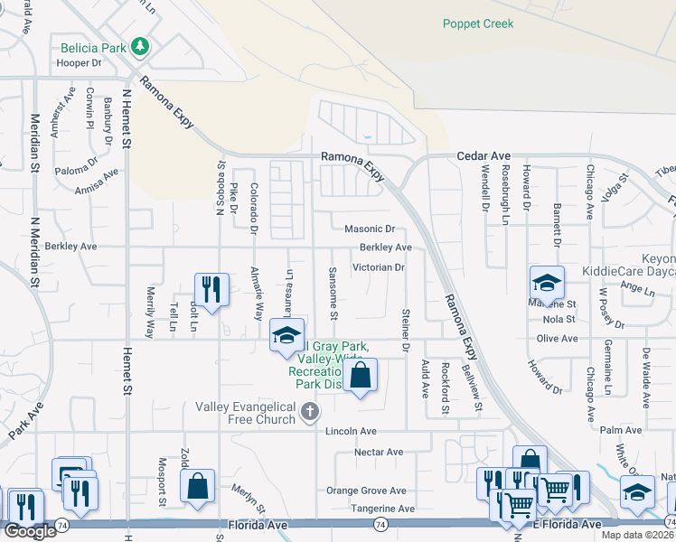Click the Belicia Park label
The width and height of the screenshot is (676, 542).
click(94, 47)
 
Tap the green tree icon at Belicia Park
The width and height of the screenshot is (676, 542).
click(138, 46)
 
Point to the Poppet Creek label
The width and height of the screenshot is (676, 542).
click(477, 24)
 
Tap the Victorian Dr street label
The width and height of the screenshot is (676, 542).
click(378, 267)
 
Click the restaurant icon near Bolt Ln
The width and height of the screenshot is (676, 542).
click(211, 289)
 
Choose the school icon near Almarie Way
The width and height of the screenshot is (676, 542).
click(286, 335)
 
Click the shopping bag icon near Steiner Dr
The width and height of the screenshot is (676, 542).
click(360, 375)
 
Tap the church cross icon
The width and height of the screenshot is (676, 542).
click(309, 413)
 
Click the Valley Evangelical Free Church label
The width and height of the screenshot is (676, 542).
click(245, 413)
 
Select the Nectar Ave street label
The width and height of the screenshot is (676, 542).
click(380, 452)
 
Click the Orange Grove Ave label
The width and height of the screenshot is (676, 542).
click(366, 491)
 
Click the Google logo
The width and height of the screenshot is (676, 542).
click(30, 531)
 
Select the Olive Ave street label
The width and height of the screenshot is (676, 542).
click(557, 338)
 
